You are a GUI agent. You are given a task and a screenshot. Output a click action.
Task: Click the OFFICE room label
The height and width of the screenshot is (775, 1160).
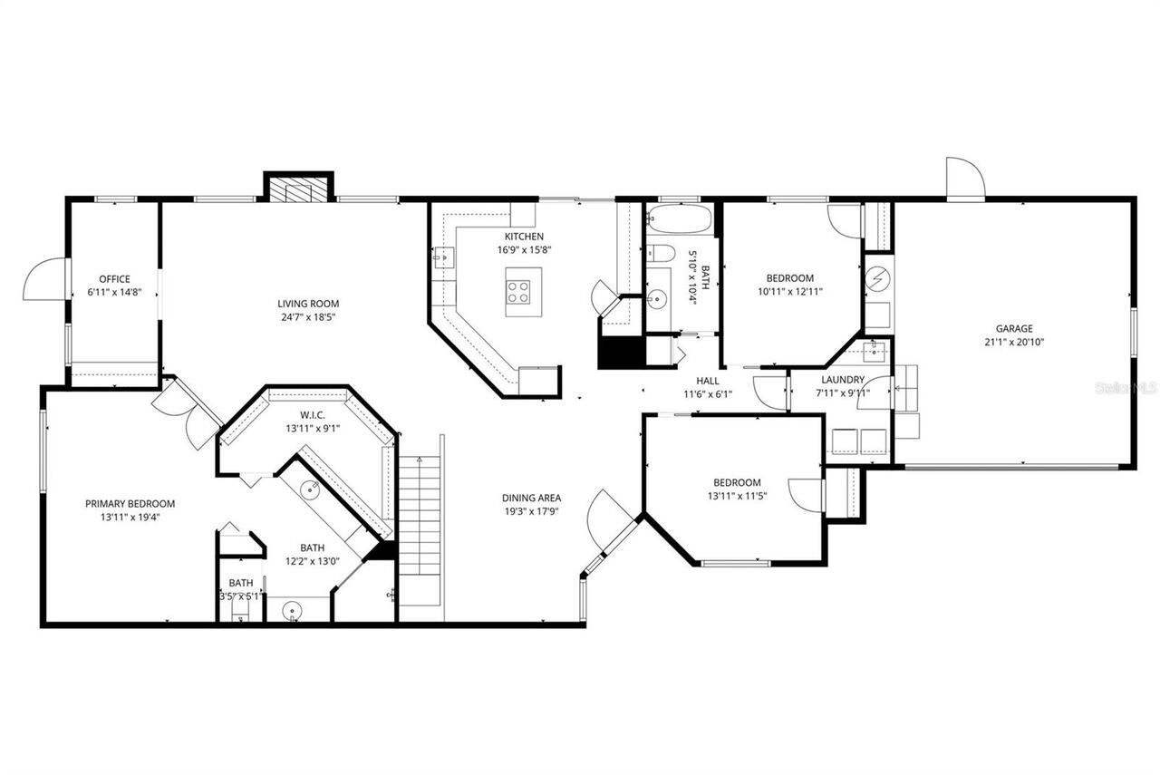115,279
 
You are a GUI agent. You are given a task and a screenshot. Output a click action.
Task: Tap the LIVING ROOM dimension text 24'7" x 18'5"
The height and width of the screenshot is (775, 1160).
308,317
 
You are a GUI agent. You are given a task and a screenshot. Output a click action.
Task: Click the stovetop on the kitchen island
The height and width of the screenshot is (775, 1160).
518,292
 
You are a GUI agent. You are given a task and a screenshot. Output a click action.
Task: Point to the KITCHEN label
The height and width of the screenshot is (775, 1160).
525,237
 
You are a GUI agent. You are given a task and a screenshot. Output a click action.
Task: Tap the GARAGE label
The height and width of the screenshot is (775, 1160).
1014,329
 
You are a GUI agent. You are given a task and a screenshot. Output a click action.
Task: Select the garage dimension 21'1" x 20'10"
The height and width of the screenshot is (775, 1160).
1014,343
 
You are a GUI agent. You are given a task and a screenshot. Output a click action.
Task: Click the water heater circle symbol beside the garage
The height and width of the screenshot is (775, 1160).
877,277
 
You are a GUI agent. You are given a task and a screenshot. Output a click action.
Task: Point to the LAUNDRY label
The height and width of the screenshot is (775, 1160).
843,380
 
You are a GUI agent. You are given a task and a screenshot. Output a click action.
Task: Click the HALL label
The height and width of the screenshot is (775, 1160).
708,381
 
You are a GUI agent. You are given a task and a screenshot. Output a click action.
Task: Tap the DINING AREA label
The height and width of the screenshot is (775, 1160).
532,498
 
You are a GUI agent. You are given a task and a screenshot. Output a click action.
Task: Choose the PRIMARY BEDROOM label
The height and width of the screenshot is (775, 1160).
130,504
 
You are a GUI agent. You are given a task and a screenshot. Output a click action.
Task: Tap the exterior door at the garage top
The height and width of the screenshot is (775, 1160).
964,178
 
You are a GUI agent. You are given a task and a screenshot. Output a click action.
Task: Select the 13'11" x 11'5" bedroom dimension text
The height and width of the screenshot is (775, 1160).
737,496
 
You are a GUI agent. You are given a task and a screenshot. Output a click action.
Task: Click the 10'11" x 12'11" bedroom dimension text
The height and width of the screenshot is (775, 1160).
790,292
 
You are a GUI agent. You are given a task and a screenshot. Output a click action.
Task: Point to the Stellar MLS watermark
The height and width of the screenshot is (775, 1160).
1126,387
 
